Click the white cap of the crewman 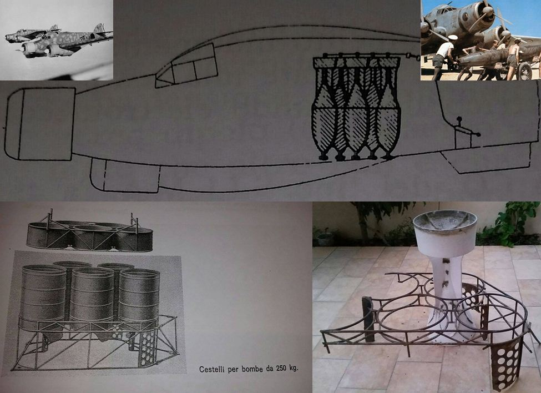pos(453,37)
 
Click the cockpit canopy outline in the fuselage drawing pos(187,66)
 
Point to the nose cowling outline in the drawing pos(40,124)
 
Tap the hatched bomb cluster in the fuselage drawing pos(356,107)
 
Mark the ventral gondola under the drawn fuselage pos(125,175)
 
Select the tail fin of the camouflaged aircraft pos(100,28)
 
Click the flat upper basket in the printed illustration pos(90,233)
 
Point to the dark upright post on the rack pos(368,319)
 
